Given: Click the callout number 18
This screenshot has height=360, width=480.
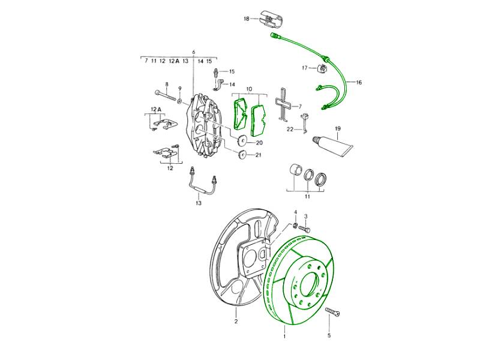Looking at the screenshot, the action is click(x=247, y=19).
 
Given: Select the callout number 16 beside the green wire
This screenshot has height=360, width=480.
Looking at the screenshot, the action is click(x=359, y=82).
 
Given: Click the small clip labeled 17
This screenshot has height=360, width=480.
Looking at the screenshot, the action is click(x=322, y=68).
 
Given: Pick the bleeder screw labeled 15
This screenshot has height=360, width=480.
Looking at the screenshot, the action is click(x=216, y=73).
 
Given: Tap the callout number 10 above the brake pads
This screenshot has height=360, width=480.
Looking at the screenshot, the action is click(x=249, y=89).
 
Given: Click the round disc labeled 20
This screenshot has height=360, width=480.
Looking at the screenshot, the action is click(x=242, y=141).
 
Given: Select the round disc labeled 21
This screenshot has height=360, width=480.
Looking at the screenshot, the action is click(x=242, y=155).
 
